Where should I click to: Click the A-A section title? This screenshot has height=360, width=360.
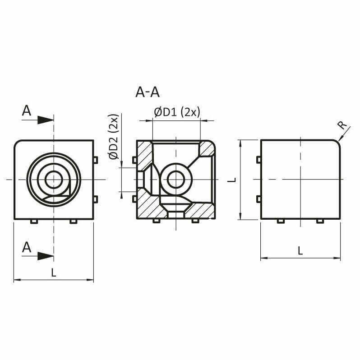pos(148,92)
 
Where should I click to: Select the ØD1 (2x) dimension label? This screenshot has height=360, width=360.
pos(177,112)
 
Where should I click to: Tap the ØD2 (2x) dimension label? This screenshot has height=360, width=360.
pos(114,136)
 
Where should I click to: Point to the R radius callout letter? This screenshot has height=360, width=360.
pos(342,125)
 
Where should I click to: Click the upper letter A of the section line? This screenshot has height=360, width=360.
pos(27,111)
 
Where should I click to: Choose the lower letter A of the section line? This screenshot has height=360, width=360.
pos(27,247)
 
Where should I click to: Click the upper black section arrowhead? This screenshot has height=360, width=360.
pos(46,120)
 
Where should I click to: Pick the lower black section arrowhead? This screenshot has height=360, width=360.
pos(46,256)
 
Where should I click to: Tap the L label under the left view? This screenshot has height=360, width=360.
pos(54,272)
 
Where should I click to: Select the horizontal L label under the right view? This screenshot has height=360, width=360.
pos(300,250)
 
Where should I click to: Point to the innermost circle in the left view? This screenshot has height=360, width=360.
pos(54,180)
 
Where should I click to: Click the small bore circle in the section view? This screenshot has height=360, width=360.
pos(176,180)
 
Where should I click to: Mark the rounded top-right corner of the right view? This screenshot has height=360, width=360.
pos(337,143)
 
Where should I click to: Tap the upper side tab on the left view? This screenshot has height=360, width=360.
pos(96,160)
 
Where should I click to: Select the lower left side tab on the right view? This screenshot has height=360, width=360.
pos(258,199)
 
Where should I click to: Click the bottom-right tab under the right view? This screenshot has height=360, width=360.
pos(320,222)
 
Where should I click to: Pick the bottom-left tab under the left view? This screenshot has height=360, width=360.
pos(34,222)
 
